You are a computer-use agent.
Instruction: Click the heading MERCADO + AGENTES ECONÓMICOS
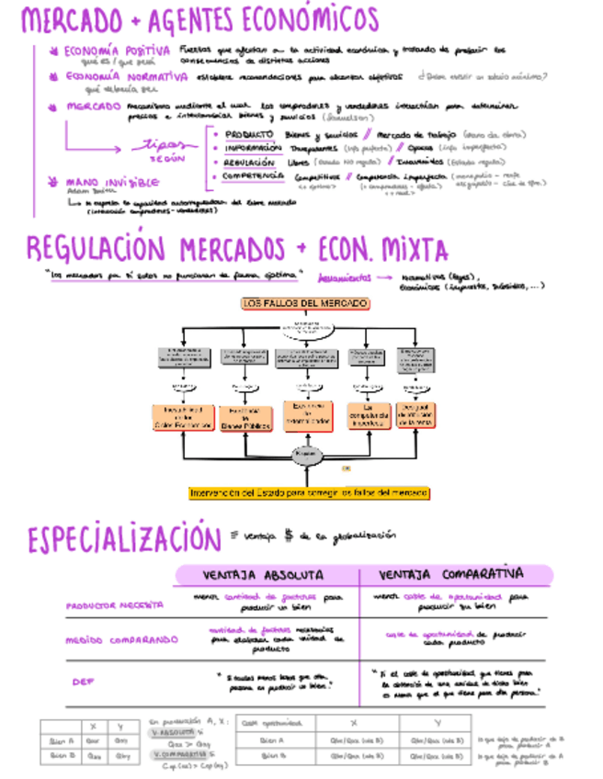[199, 19]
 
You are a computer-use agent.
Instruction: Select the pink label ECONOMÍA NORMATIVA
[121, 77]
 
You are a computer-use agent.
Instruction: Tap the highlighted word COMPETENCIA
[252, 175]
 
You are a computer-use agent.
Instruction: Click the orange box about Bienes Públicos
[245, 419]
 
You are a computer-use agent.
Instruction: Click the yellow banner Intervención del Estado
[308, 493]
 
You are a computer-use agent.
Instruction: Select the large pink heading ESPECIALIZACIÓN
[123, 540]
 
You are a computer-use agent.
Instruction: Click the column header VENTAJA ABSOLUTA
[263, 575]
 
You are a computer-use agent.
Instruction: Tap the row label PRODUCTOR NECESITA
[114, 605]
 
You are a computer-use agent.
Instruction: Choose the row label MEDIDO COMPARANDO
[121, 639]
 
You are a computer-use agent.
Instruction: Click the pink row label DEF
[81, 681]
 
